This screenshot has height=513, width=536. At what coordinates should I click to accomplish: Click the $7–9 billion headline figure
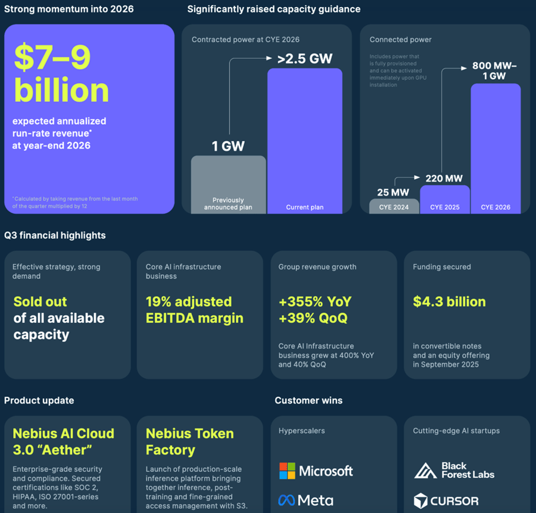[62, 73]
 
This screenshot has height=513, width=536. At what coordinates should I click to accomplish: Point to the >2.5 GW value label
[304, 58]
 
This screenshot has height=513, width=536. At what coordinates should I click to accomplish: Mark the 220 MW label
[443, 178]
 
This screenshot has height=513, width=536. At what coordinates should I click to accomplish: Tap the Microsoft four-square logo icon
[287, 471]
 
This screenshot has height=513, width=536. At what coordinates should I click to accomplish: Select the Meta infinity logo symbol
[286, 500]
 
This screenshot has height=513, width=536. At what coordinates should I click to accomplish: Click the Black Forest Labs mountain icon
[425, 471]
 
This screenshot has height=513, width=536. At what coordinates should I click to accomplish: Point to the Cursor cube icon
[422, 500]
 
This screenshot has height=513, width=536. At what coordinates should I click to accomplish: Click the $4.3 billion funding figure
[449, 301]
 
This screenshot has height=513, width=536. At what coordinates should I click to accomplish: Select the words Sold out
[40, 301]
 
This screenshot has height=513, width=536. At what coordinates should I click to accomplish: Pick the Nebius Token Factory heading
[189, 442]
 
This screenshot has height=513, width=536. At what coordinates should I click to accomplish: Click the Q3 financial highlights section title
[55, 235]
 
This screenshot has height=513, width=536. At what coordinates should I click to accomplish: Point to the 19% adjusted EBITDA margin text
[194, 309]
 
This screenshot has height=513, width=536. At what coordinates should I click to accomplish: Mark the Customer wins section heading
[308, 400]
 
